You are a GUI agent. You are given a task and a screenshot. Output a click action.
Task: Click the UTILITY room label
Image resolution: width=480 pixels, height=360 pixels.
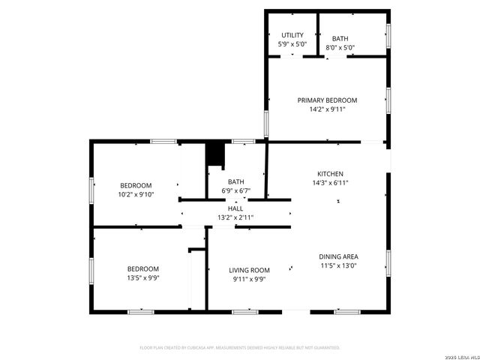[x=292, y=35]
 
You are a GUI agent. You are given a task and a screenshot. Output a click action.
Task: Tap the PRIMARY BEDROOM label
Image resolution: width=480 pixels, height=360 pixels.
[x=327, y=100]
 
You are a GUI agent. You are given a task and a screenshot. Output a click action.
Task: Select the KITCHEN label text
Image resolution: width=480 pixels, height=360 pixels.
[x=330, y=173]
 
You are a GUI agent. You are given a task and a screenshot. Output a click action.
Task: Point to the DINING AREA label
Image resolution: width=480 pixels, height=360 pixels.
[x=338, y=256]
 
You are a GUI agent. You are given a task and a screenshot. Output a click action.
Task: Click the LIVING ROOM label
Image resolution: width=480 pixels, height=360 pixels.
[x=249, y=270]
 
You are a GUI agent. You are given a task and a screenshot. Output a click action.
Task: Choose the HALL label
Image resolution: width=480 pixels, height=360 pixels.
[x=235, y=208]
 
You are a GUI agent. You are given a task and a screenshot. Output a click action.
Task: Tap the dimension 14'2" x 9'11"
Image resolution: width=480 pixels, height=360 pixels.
[x=327, y=109]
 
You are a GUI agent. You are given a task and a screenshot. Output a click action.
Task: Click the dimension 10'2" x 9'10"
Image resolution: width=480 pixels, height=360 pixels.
[x=136, y=194]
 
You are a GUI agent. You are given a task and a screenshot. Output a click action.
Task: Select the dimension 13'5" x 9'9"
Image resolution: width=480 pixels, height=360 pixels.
[x=142, y=278]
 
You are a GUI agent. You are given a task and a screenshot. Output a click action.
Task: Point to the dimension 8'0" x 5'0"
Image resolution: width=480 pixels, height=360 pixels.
[x=340, y=47]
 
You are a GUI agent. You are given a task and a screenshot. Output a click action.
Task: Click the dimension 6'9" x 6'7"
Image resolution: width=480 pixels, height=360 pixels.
[x=236, y=190]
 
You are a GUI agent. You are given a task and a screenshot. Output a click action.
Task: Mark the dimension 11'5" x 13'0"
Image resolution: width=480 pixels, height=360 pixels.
[x=338, y=265]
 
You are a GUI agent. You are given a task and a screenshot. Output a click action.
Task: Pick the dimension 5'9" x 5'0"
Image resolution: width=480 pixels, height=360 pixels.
[x=292, y=44]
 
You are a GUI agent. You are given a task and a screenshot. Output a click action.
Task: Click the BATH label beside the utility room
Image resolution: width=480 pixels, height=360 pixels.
[x=340, y=38]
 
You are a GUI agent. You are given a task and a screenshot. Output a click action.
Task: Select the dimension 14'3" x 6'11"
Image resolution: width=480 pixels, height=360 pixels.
[x=330, y=182]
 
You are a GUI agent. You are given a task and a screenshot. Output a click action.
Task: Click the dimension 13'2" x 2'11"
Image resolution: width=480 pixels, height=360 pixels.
[x=235, y=217]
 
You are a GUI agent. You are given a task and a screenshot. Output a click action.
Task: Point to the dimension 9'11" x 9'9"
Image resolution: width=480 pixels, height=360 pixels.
[x=249, y=279]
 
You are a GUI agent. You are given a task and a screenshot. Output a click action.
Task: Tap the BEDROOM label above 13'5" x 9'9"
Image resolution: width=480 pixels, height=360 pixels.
[x=142, y=269]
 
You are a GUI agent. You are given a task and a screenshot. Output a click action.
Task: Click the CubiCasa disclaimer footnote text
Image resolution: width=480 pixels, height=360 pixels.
[x=240, y=348]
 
